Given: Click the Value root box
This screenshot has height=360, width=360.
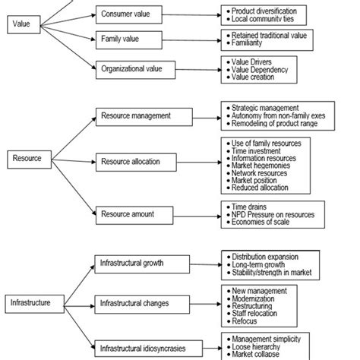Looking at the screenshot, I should pos(23,24).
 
